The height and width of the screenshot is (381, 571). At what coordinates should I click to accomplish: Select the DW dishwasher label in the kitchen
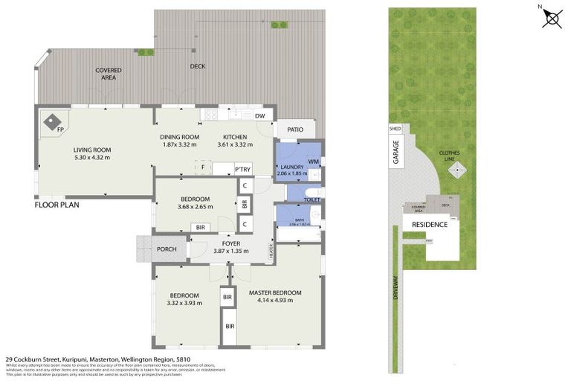pos(260,116)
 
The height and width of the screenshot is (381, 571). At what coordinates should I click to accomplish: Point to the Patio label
pos(295,130)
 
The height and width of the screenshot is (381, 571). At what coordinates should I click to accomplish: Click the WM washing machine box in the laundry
pos(313,161)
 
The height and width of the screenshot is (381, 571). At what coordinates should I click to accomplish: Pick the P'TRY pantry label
pos(242,170)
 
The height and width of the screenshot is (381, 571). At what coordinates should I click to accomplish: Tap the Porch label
pos(167,249)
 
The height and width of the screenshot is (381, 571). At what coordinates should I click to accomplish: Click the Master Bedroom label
pos(275,293)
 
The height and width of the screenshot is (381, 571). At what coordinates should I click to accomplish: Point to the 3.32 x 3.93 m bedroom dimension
pos(184,303)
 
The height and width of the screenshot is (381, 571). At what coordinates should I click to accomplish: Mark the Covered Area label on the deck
pos(108,73)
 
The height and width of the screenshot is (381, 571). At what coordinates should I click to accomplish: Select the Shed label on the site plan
pos(394,129)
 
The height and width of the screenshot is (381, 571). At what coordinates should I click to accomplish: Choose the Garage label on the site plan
pos(396,153)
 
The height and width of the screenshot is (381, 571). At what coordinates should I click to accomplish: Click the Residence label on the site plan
pos(430,224)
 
